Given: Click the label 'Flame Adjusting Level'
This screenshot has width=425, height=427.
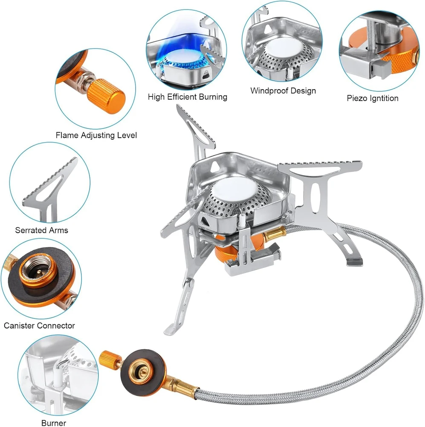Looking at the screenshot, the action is (96, 135).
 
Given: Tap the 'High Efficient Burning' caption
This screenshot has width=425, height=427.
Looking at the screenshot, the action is (188, 97).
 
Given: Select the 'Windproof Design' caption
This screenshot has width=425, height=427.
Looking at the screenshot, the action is (283, 91).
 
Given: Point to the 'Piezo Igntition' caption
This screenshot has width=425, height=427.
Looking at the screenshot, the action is (373, 98).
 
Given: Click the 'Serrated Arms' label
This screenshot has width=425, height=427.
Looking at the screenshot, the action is (42, 231).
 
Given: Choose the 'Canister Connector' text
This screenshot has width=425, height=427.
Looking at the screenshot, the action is (39, 325).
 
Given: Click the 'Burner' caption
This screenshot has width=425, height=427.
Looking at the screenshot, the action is (54, 423).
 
